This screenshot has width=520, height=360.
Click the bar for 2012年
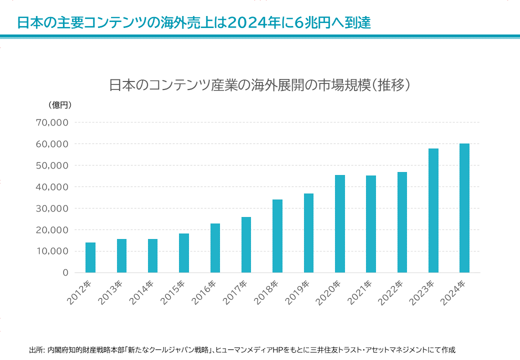(x=90, y=257)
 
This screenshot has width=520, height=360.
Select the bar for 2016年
(x=215, y=248)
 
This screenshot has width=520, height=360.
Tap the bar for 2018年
(x=277, y=236)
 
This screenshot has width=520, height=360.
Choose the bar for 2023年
(x=433, y=210)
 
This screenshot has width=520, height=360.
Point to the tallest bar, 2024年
(x=464, y=208)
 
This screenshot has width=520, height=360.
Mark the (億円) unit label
(x=60, y=105)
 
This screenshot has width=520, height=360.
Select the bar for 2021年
(x=371, y=224)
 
